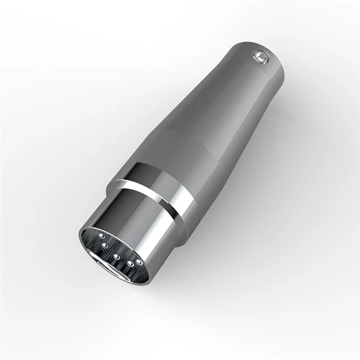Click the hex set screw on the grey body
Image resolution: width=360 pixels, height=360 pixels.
point(260,56)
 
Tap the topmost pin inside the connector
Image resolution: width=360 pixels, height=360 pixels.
point(101,235)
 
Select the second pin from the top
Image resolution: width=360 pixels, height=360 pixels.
point(105,245)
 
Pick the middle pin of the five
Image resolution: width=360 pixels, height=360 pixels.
point(116,257)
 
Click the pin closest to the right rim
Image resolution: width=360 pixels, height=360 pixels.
point(139,261)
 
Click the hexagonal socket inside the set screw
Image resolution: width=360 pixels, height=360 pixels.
point(260,56)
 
